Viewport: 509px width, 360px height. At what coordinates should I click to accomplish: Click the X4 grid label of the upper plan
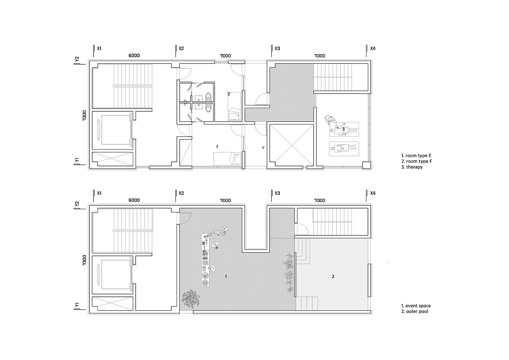373,49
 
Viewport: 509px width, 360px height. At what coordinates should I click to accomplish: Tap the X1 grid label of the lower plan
99,193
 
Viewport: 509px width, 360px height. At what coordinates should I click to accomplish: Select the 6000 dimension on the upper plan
134,56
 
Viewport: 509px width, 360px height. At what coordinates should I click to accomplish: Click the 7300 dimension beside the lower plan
85,260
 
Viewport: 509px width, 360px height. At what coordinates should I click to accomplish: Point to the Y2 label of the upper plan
77,59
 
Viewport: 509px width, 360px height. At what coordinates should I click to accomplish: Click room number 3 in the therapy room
343,129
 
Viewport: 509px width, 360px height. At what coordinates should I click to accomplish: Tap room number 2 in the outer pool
333,276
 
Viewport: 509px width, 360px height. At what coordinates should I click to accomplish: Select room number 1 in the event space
226,276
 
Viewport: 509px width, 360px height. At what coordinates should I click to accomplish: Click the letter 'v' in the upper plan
263,148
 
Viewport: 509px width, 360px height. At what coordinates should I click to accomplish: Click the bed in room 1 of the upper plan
227,159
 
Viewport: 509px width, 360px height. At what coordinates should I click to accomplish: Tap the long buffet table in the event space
206,260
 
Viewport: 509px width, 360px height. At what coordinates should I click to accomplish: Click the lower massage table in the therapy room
344,149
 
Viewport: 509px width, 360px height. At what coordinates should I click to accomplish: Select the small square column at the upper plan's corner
366,165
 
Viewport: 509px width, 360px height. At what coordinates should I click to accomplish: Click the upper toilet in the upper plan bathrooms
208,97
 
